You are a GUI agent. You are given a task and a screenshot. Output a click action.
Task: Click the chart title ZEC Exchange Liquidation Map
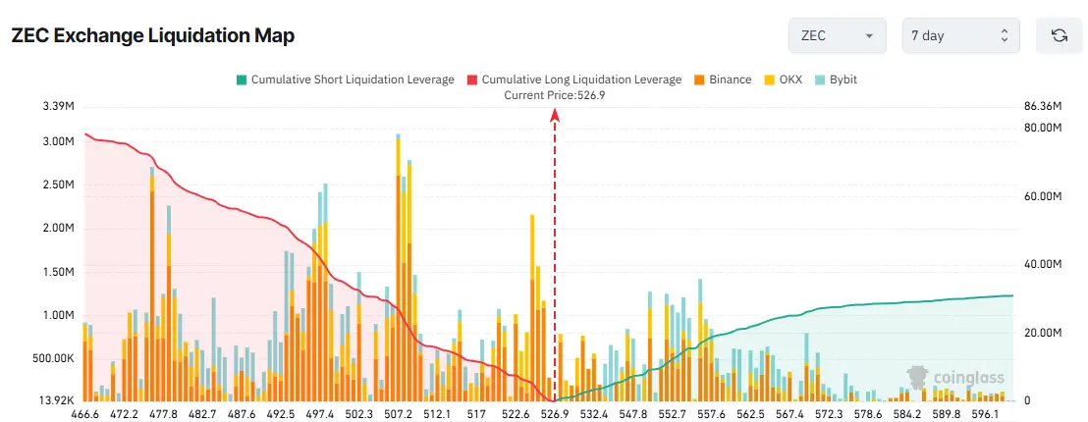(x=153, y=35)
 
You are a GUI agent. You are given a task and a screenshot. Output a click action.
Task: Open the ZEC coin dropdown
(x=837, y=35)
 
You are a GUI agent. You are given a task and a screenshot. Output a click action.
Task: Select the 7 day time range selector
(x=960, y=35)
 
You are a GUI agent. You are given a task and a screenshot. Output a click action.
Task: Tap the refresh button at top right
(x=1059, y=35)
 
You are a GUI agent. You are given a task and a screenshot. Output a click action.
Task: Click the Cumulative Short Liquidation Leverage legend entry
(x=345, y=79)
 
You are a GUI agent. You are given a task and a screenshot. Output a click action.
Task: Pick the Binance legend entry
(x=723, y=79)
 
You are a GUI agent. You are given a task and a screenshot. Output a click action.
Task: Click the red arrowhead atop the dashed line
(x=555, y=115)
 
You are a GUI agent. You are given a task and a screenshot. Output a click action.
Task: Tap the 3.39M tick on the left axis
(x=55, y=106)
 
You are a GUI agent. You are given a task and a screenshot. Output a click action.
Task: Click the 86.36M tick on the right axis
(x=1044, y=106)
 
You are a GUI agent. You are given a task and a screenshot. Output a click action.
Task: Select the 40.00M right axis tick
(x=1044, y=265)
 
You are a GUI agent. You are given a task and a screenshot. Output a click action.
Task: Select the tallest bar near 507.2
(x=398, y=265)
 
